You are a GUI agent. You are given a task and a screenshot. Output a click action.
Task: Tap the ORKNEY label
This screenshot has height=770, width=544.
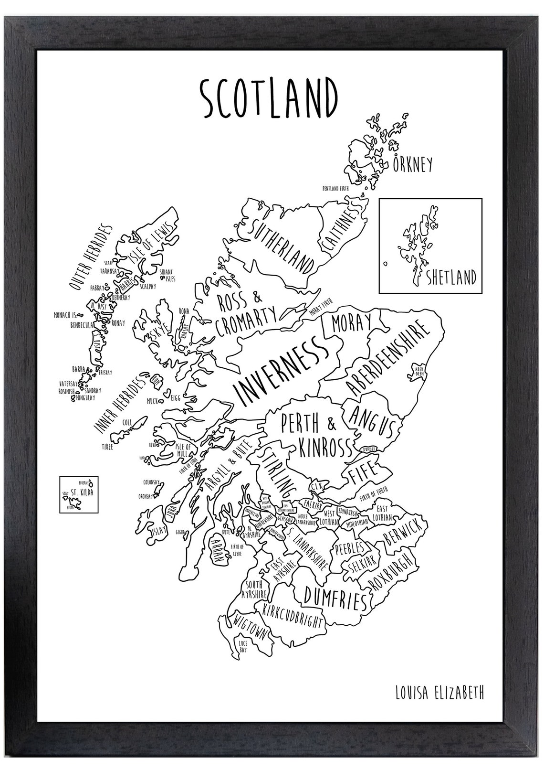(x=413, y=164)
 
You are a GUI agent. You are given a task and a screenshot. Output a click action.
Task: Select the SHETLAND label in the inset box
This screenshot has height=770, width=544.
(x=451, y=277)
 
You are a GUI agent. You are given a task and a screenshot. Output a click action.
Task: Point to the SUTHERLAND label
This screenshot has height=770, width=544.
(x=283, y=247)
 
